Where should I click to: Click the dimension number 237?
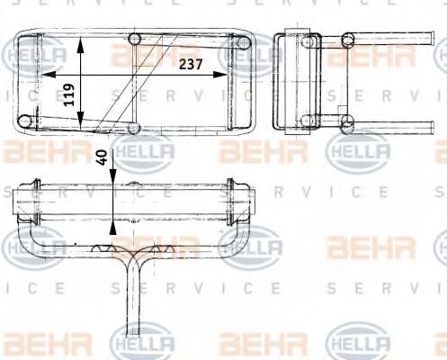pyautogui.click(x=189, y=64)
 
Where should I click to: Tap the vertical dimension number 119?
pyautogui.click(x=69, y=94)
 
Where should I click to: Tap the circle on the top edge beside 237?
pyautogui.click(x=136, y=39)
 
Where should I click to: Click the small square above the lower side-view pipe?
pyautogui.click(x=341, y=114)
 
